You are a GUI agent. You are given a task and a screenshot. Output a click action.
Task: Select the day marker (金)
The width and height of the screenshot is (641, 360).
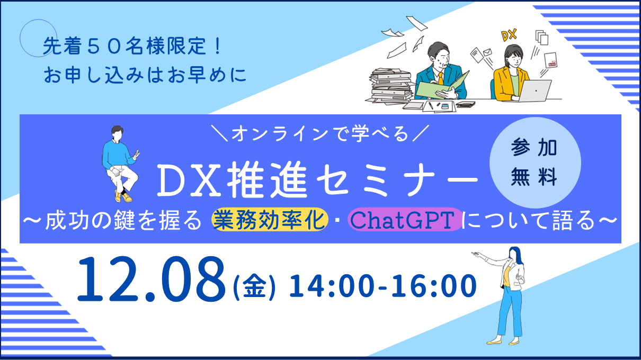254,289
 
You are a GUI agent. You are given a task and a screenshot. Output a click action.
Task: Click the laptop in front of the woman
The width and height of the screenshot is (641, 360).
533,91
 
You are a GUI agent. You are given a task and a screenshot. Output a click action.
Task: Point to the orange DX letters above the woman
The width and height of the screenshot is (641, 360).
508,36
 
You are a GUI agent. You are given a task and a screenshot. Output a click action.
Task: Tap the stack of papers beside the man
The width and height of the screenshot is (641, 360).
393,85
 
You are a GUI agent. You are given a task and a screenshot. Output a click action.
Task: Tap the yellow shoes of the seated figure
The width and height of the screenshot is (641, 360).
122,197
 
